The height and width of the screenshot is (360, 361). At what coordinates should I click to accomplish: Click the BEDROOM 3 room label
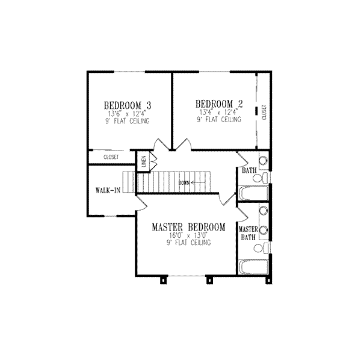click(126, 104)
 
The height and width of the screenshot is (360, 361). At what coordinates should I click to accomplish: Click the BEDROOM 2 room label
click(218, 102)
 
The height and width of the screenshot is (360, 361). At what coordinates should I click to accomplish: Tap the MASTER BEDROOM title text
click(188, 227)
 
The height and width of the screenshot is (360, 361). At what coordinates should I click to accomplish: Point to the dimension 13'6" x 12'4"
click(127, 113)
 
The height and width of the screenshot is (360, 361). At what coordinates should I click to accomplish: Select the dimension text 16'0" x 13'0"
click(188, 235)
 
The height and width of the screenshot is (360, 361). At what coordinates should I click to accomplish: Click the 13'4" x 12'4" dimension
click(218, 112)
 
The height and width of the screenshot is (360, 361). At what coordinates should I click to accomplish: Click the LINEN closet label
click(144, 161)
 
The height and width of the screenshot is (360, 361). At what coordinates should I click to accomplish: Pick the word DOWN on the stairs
click(184, 182)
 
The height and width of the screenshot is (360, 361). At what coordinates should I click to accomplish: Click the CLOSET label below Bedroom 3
click(111, 157)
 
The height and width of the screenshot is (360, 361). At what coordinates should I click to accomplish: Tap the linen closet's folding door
click(153, 162)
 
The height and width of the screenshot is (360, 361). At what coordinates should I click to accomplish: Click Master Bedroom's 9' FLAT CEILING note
click(188, 243)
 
